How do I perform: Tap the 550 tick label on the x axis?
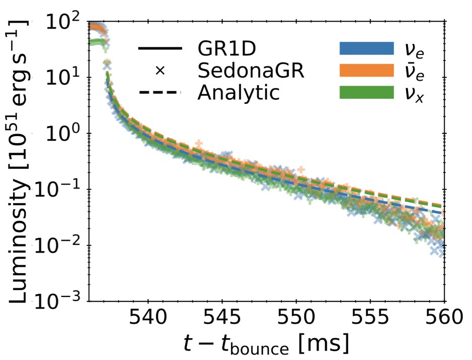tap(296, 319)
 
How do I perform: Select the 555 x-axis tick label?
tap(370, 319)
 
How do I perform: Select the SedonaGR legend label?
tap(251, 71)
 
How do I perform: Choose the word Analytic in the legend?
tap(239, 92)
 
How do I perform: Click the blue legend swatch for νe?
tap(365, 49)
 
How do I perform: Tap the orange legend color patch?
tap(365, 71)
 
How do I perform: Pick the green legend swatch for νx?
tap(365, 92)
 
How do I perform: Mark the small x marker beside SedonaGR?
tap(160, 71)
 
